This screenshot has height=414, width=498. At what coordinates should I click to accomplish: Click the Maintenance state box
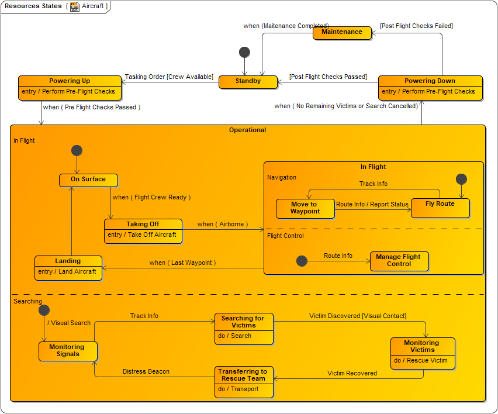(x=342, y=32)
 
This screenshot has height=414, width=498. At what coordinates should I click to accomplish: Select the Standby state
(x=248, y=81)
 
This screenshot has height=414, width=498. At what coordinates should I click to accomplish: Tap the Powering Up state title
(x=70, y=81)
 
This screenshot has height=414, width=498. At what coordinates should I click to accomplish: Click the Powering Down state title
(x=430, y=81)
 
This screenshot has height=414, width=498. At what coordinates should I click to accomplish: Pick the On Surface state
(x=88, y=180)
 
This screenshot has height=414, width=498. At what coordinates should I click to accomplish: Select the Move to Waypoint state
(x=305, y=208)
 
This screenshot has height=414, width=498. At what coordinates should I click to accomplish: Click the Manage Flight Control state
(x=399, y=261)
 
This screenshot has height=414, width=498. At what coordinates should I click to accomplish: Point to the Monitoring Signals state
(x=68, y=351)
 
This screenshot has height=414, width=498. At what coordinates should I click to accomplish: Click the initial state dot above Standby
(x=245, y=52)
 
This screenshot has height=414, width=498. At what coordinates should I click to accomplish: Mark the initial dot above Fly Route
(x=461, y=179)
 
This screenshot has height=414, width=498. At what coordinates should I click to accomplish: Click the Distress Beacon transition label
(x=146, y=371)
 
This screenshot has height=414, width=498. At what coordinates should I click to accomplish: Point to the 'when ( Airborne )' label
(x=223, y=224)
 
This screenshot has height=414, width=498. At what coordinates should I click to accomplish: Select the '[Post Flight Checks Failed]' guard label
(x=416, y=26)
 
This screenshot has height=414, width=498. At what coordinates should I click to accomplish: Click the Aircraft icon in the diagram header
(x=75, y=6)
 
